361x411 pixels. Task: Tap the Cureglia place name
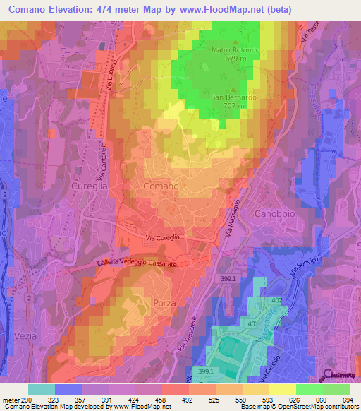pos(89,186)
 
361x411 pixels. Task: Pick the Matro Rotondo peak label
pos(235,51)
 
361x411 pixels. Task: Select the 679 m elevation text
pos(236,59)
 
